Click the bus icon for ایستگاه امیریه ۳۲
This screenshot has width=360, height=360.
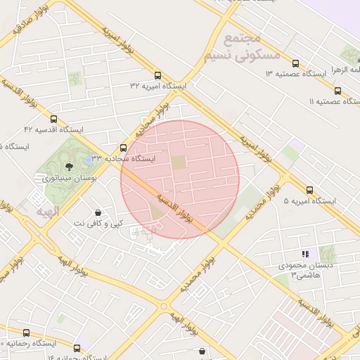tap(157, 75)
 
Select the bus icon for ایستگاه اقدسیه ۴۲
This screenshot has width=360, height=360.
tap(54, 120)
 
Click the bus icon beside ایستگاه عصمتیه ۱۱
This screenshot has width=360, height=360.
tap(338, 91)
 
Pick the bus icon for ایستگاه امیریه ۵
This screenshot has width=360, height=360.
tap(310, 190)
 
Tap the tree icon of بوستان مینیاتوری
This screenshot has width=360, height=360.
tap(69, 167)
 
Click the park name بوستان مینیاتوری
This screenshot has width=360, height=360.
tap(69, 179)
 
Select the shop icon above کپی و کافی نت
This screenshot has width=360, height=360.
tap(97, 212)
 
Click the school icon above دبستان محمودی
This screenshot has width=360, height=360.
tap(304, 253)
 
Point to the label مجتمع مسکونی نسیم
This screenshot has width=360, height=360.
tap(241, 46)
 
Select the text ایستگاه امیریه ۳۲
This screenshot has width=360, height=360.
tap(158, 86)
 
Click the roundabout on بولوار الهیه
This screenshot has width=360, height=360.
tap(164, 307)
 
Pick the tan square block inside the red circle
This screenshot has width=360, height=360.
tap(180, 162)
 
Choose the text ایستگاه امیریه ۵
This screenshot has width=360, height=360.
tap(309, 201)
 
